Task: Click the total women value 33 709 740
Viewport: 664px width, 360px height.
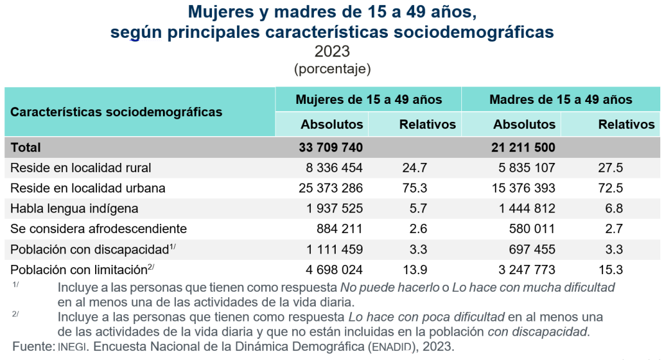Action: point(331,147)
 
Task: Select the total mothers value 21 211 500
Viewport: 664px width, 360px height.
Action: point(524,147)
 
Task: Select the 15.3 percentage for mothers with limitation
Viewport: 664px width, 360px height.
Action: point(610,269)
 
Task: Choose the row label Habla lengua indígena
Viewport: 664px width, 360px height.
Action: point(74,208)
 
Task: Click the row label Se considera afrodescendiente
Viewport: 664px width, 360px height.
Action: point(98,229)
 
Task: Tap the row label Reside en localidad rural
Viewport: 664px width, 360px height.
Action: point(81,168)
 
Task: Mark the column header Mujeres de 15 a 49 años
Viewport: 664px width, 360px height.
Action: point(369,99)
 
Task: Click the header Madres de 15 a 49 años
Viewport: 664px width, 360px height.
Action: point(561,99)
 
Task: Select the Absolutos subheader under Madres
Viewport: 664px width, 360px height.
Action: point(524,124)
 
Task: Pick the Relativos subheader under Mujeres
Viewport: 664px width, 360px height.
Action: point(427,124)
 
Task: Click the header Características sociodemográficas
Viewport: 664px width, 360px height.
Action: point(116,113)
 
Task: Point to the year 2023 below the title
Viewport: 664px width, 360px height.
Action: point(332,51)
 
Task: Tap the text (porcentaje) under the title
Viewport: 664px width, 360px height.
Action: point(332,68)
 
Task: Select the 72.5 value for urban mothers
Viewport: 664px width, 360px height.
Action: point(610,188)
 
